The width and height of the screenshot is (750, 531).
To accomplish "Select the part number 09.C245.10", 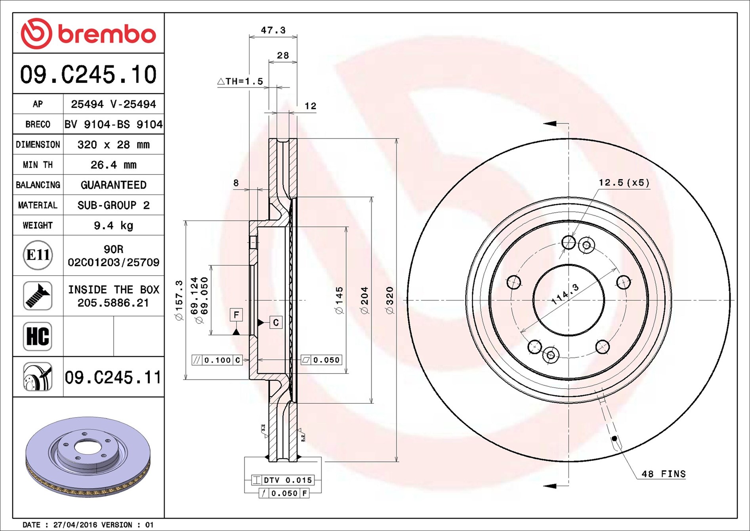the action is (x=88, y=75).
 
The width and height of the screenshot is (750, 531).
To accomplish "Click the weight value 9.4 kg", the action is (x=113, y=226).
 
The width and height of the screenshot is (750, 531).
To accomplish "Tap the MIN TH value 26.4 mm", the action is (x=113, y=165).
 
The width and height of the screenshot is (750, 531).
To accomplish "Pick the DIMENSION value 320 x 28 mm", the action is (x=113, y=144).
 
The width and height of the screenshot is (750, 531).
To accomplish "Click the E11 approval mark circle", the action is (x=38, y=255).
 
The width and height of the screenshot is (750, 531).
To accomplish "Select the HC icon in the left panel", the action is (x=38, y=336).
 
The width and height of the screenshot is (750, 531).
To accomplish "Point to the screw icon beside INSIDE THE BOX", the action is (x=38, y=296).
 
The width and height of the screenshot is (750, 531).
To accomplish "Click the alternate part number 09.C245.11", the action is (x=113, y=378).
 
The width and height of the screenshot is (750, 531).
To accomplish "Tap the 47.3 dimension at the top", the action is (x=273, y=30).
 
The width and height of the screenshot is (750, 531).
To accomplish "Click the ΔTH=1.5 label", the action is (x=240, y=81).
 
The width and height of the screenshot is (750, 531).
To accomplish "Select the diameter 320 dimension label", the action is (x=390, y=300).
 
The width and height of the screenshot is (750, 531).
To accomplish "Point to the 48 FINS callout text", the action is (x=663, y=474).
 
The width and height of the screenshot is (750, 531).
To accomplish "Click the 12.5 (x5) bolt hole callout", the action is (x=624, y=182).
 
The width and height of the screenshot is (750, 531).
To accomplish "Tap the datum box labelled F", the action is (x=236, y=315).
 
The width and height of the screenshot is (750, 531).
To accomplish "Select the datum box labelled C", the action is (x=276, y=322).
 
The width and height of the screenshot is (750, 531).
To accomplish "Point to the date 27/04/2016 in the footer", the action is (x=75, y=525).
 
